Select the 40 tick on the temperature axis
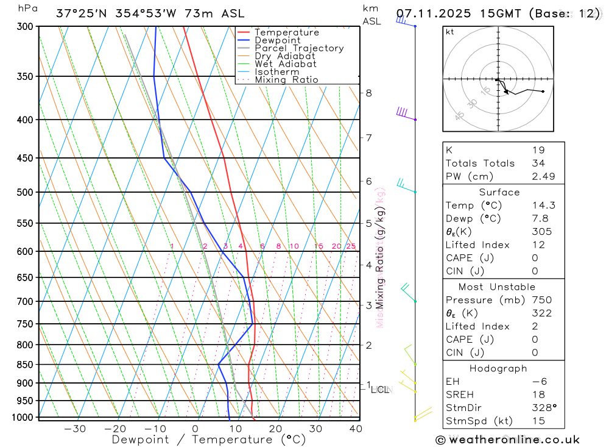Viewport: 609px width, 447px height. point(356,429)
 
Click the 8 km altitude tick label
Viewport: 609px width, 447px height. point(368,93)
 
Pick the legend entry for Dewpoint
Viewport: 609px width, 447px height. point(277,40)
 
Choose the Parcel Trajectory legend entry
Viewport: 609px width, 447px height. point(299,48)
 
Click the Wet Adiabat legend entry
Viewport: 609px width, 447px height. point(286,64)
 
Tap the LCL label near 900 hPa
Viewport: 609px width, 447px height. point(379,389)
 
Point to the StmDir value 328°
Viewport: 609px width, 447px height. point(543,407)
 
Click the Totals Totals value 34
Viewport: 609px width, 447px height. point(538,163)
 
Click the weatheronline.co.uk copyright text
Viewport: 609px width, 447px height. point(508,440)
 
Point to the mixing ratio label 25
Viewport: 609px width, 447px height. point(351,246)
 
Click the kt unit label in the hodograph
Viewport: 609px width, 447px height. point(450,32)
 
